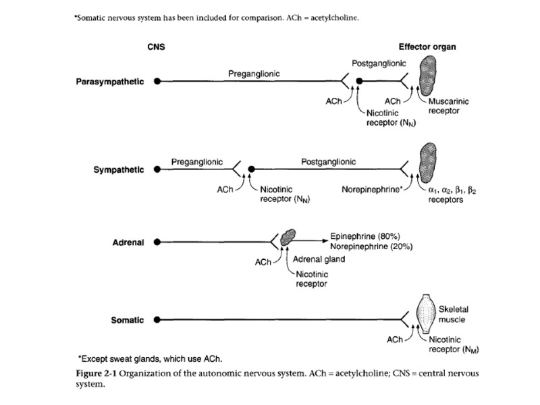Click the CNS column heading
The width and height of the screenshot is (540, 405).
156,47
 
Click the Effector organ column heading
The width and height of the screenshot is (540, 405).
427,47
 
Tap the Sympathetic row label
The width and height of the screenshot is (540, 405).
118,169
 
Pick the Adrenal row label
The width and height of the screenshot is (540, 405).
128,242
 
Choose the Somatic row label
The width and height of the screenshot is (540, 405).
127,320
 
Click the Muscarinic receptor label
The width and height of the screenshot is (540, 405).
449,106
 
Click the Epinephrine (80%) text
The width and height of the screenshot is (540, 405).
364,236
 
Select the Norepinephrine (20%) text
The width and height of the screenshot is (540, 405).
371,246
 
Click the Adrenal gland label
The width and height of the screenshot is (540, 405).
319,259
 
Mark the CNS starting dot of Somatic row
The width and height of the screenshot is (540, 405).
157,320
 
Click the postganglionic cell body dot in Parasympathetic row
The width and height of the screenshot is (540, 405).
360,82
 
